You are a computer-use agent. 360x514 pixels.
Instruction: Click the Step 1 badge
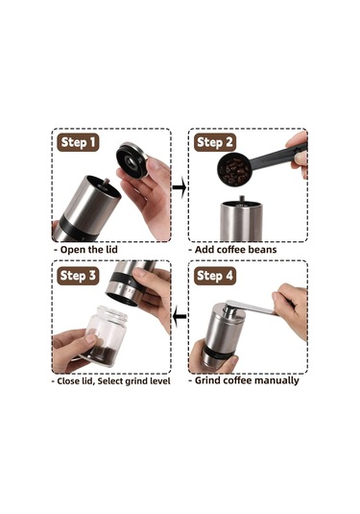pos(78,142)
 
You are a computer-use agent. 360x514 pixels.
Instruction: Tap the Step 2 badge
pos(214,142)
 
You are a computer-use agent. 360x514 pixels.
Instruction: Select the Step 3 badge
pos(78,276)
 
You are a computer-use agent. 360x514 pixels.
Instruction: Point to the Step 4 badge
pos(214,276)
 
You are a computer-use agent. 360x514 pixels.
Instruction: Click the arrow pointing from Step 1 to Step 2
pos(180,187)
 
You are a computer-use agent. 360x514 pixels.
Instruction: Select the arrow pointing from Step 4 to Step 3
pos(180,316)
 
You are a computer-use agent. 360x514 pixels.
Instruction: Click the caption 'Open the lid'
pos(88,250)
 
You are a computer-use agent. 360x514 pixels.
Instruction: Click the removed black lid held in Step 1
pos(132,159)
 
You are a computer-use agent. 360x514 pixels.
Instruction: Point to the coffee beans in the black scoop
pos(234,171)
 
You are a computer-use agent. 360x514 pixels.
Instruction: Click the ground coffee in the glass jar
pos(102,352)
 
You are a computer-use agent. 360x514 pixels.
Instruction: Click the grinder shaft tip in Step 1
pos(106,182)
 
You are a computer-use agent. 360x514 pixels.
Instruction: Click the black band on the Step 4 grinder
pos(216,354)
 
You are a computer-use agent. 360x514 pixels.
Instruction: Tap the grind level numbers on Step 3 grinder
pos(127,289)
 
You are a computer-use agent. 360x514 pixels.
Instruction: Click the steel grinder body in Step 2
pos(241,222)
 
